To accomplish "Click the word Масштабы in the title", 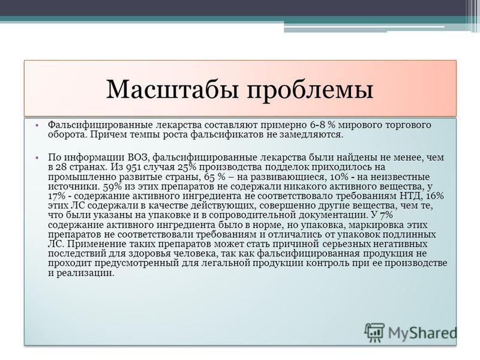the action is point(172,89).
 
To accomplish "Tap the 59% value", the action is point(113,187).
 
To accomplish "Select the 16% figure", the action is point(435,196).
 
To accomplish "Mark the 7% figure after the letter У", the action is point(386,215).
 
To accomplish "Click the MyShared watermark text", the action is point(422,333).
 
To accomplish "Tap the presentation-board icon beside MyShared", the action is point(374,332).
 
